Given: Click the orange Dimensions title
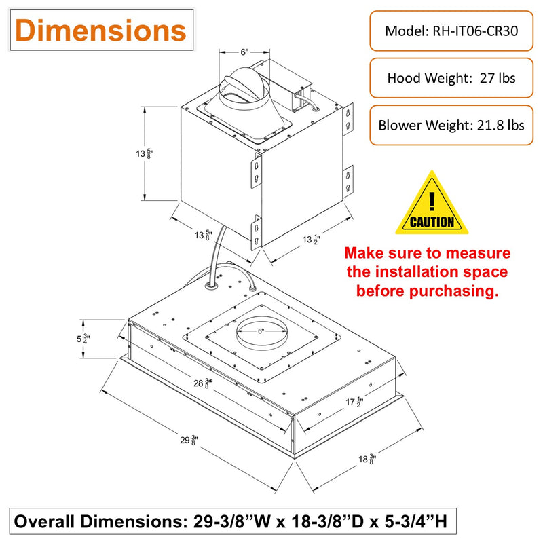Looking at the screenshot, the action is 100,31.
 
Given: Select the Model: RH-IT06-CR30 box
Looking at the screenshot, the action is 451,31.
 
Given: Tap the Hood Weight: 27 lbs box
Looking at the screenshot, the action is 451,78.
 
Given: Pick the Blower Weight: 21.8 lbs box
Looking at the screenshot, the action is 451,125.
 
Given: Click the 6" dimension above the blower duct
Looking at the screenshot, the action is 244,52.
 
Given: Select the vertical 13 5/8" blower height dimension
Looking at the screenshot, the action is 145,153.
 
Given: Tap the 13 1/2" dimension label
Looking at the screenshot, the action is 312,240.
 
